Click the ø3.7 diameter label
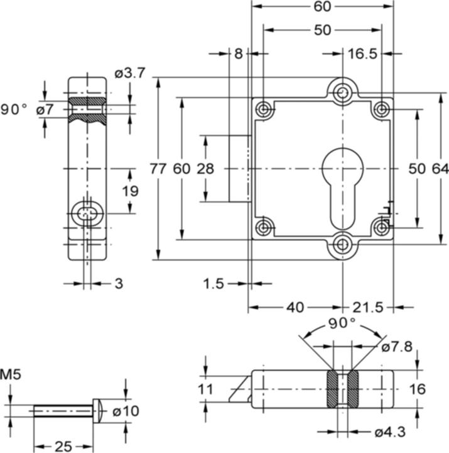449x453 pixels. [x=130, y=74]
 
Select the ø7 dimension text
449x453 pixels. [x=45, y=109]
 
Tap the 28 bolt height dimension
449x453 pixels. [x=205, y=169]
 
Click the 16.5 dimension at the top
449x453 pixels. [x=362, y=54]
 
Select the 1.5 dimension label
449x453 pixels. [x=214, y=284]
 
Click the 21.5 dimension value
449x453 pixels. [x=368, y=307]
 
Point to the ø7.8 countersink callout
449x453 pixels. [x=396, y=347]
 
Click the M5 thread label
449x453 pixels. [x=11, y=376]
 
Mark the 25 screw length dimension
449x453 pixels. [x=63, y=446]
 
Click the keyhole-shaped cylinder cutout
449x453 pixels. [x=342, y=182]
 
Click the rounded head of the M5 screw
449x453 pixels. [x=98, y=410]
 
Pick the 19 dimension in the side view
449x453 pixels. [x=130, y=191]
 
